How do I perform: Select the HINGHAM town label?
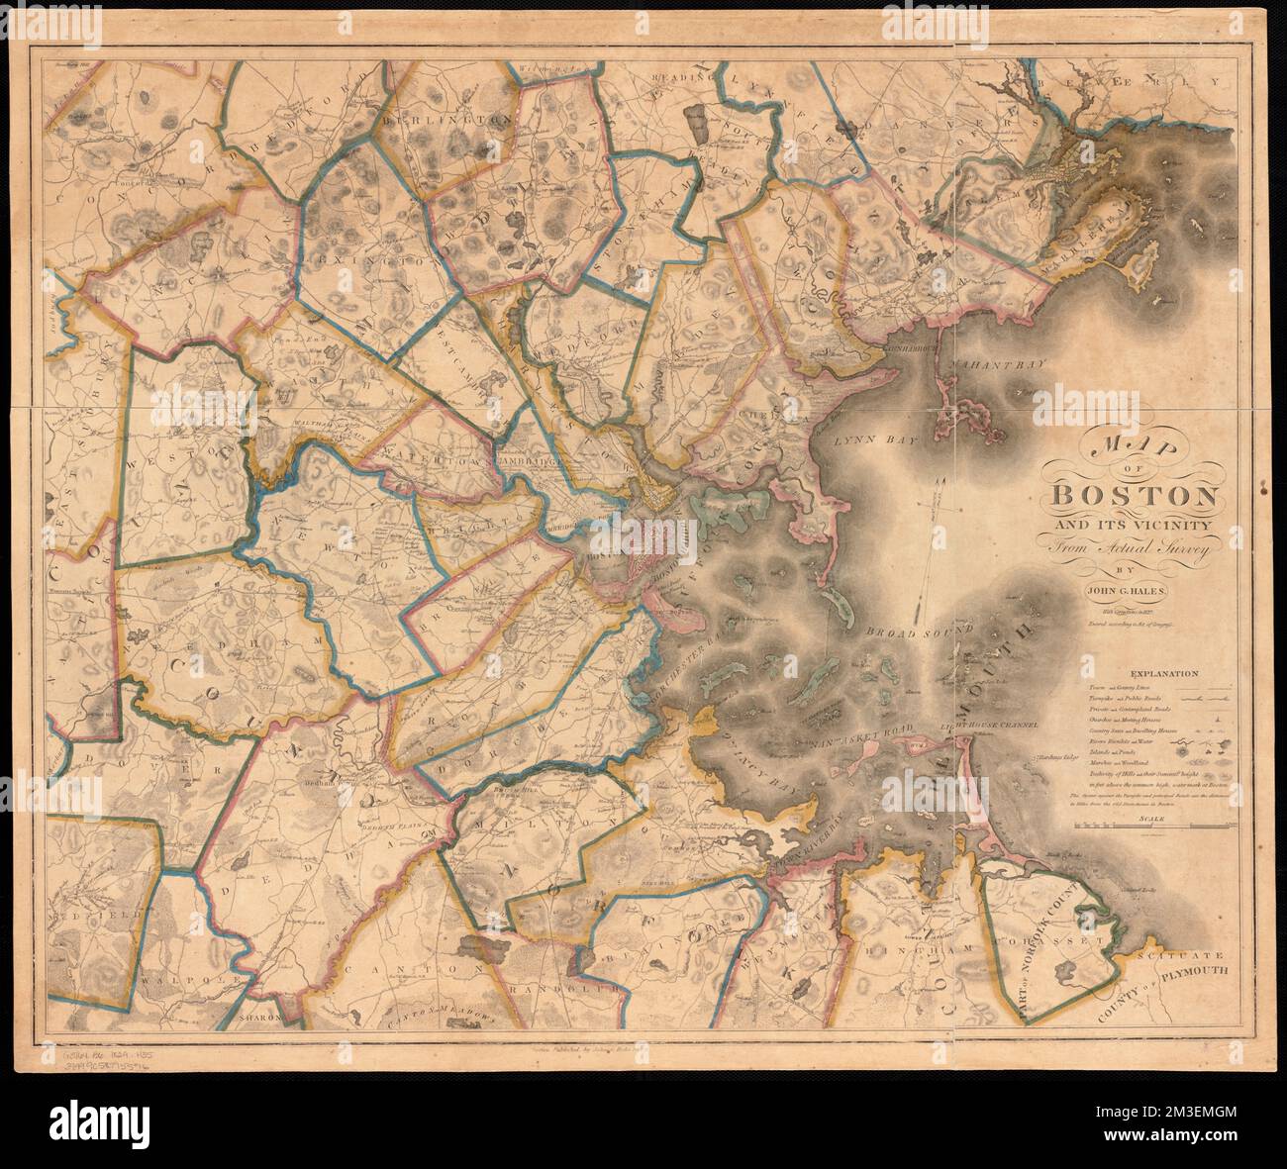click(903, 948)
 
